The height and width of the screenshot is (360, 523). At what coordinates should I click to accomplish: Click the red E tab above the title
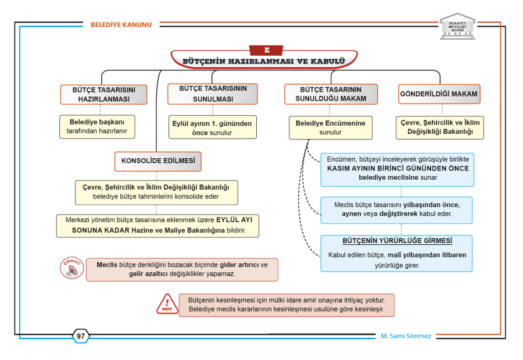[x=266, y=50]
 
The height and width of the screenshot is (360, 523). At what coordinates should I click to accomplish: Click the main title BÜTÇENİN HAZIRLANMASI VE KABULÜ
[x=263, y=62]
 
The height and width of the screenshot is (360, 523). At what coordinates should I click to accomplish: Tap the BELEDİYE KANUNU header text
[x=121, y=24]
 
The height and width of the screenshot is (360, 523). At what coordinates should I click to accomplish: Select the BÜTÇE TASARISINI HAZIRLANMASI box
[x=104, y=95]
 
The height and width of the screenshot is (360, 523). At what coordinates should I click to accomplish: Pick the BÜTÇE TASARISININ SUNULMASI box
[x=213, y=94]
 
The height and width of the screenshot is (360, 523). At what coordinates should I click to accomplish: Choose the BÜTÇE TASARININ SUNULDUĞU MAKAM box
[x=331, y=94]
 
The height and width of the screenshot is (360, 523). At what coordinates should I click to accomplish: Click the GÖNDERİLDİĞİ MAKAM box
[x=439, y=94]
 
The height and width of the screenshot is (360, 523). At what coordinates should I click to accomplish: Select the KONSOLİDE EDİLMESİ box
[x=158, y=162]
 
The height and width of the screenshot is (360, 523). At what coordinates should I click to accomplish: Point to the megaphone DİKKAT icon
[x=71, y=268]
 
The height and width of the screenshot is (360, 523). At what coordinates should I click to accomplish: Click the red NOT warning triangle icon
[x=167, y=304]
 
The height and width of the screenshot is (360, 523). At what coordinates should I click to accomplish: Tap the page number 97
[x=81, y=336]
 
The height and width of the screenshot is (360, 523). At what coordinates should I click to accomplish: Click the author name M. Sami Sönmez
[x=406, y=336]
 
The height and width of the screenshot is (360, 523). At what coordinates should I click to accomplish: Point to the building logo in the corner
[x=458, y=26]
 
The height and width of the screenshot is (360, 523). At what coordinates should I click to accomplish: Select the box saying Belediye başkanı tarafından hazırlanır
[x=97, y=127]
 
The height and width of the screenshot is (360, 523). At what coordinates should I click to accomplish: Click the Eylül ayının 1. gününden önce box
[x=213, y=127]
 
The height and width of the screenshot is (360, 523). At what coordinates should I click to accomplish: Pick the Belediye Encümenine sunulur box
[x=331, y=127]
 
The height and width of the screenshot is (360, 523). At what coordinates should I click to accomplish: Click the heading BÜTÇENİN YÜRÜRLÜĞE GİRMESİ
[x=397, y=241]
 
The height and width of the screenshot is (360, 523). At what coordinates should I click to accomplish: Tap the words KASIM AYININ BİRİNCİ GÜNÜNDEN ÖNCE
[x=398, y=169]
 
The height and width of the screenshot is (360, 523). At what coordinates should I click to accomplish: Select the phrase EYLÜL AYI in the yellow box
[x=234, y=220]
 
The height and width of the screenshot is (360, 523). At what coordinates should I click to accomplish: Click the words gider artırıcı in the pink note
[x=239, y=265]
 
